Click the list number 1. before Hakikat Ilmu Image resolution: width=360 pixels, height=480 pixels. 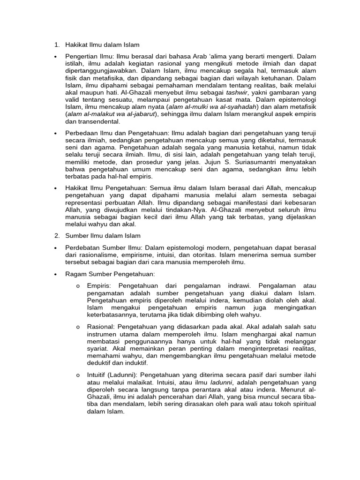(56, 45)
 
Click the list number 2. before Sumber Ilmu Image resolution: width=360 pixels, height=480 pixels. (56, 235)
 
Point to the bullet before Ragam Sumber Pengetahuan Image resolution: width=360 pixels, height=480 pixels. (56, 274)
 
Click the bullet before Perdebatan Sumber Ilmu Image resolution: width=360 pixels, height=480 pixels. (56, 248)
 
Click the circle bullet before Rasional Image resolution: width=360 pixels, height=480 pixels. (77, 327)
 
